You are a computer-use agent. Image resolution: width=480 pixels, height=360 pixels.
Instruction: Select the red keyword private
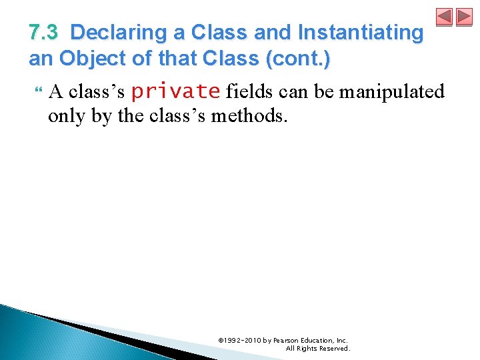coord(175,91)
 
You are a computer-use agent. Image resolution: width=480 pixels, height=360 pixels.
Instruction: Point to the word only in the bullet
coord(65,116)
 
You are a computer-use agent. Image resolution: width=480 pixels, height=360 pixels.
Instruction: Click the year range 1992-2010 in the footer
coord(243,340)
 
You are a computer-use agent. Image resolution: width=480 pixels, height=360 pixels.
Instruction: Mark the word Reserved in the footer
coord(333,348)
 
